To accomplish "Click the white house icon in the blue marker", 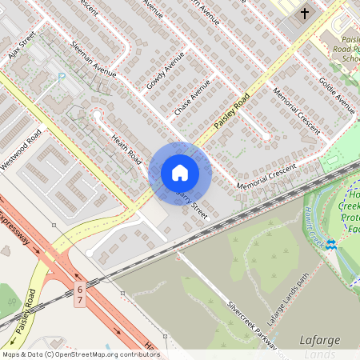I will point(180,172).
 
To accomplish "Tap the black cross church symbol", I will point(304,13).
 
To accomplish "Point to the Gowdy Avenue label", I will point(165,70).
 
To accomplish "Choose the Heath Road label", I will point(127,150).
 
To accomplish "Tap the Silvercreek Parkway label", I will point(254,326).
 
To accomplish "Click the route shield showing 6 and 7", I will point(79,293).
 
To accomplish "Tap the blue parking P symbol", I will point(62,77).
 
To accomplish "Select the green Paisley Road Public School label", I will point(341,48).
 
